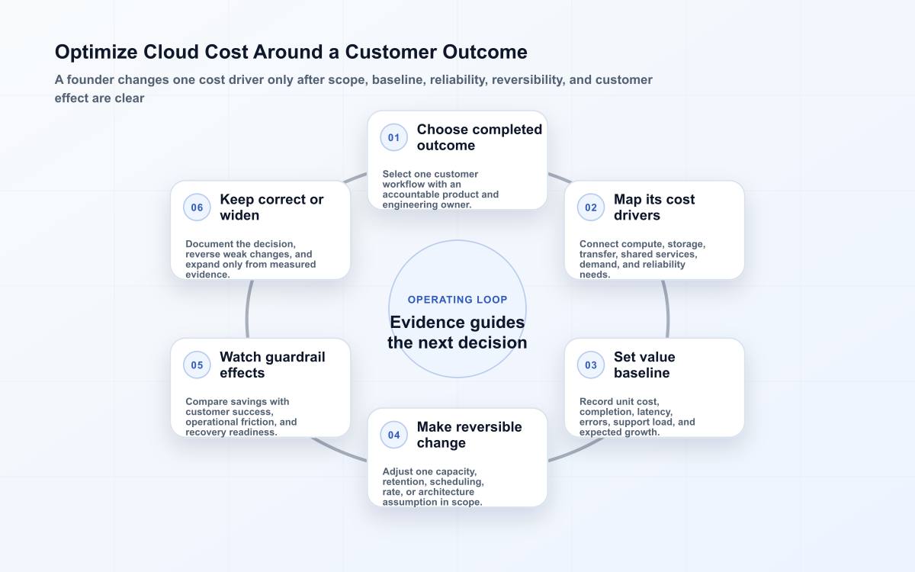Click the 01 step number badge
pyautogui.click(x=393, y=138)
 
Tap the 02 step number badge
pyautogui.click(x=591, y=207)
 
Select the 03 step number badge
pyautogui.click(x=591, y=365)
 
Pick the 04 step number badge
pyautogui.click(x=393, y=435)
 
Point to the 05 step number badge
pyautogui.click(x=197, y=365)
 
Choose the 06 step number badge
pyautogui.click(x=197, y=207)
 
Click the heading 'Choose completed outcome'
pyautogui.click(x=479, y=137)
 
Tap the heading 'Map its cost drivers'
pyautogui.click(x=654, y=207)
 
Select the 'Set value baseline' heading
pyautogui.click(x=644, y=365)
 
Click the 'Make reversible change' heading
pyautogui.click(x=470, y=435)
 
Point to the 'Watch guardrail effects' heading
pyautogui.click(x=272, y=365)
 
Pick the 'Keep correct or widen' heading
pyautogui.click(x=271, y=207)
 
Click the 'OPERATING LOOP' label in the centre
pyautogui.click(x=457, y=300)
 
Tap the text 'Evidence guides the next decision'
pyautogui.click(x=457, y=333)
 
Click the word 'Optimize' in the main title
pyautogui.click(x=96, y=53)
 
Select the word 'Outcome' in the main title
pyautogui.click(x=485, y=52)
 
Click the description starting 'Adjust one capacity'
pyautogui.click(x=433, y=487)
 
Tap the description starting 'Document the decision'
pyautogui.click(x=250, y=259)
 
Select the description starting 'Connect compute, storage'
pyautogui.click(x=642, y=259)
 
